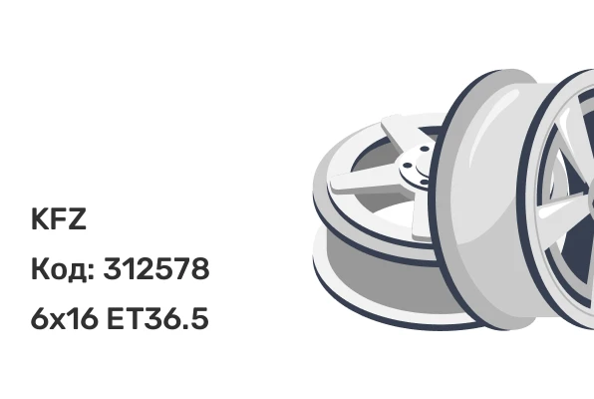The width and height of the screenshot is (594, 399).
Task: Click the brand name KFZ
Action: [59, 218]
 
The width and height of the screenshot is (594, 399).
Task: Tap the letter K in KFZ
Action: [40, 218]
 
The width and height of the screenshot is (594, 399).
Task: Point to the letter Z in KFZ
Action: [78, 218]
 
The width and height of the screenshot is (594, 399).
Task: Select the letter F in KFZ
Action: [59, 218]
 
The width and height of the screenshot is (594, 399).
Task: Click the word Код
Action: [59, 269]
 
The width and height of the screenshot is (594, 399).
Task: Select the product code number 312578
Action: [156, 268]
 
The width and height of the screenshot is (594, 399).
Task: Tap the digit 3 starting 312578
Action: [113, 268]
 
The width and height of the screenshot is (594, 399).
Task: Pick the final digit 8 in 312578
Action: [200, 268]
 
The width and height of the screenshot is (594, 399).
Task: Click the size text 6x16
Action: [64, 318]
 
